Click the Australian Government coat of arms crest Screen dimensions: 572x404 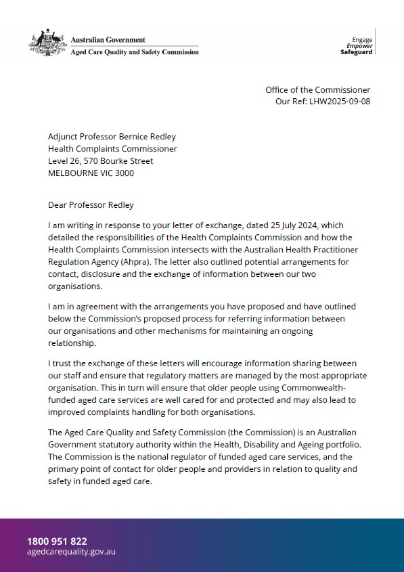47,43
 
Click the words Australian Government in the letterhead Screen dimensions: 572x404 108,40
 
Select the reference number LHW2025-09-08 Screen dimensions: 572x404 340,102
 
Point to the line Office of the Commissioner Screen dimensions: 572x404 317,90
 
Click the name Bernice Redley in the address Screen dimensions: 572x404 155,137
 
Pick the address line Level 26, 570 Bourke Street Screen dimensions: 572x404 100,161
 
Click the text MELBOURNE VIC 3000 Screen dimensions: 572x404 91,173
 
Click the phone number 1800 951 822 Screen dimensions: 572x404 57,541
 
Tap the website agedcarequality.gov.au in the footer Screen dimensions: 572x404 71,552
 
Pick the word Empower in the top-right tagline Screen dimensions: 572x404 359,46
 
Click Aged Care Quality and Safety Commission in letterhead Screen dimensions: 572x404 135,52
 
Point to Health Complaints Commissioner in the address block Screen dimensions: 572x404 112,149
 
